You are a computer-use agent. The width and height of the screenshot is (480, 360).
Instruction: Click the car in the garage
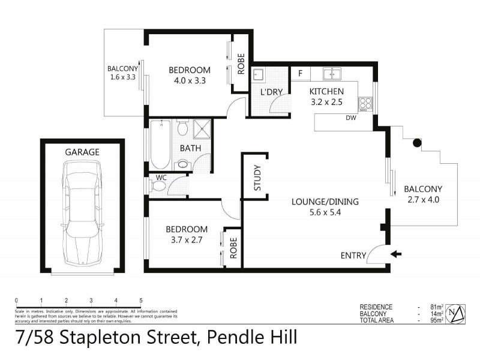coord(82,217)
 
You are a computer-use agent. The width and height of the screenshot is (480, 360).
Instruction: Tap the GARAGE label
coord(82,152)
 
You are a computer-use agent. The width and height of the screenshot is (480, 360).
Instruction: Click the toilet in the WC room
coord(158,186)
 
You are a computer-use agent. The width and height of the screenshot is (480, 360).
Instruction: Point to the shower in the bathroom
coord(203,128)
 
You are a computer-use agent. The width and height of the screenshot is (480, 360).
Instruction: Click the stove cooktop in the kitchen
coord(364,104)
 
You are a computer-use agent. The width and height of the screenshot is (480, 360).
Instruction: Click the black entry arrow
coord(397,254)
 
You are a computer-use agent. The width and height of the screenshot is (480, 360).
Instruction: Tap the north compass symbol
coord(458,312)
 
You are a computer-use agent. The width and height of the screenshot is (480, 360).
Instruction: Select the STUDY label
coord(257,178)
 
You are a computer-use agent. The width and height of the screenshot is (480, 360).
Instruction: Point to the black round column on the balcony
coord(416,143)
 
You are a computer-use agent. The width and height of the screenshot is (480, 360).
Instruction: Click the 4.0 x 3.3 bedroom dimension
coord(189,81)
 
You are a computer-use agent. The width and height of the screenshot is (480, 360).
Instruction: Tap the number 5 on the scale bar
coord(140,300)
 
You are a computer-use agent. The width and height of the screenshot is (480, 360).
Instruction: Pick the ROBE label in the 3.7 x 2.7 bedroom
coord(233,246)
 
